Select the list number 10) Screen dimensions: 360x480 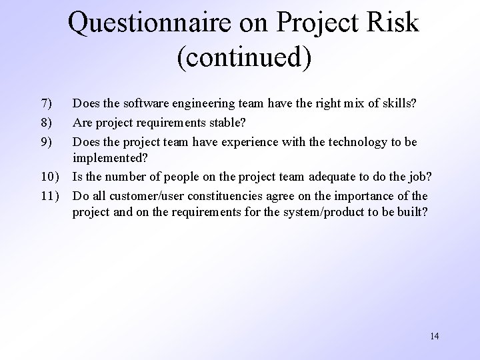49,177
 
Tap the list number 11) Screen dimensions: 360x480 49,196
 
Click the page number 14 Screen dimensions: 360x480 434,336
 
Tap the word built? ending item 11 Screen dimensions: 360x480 413,214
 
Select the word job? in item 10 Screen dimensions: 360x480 421,177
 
